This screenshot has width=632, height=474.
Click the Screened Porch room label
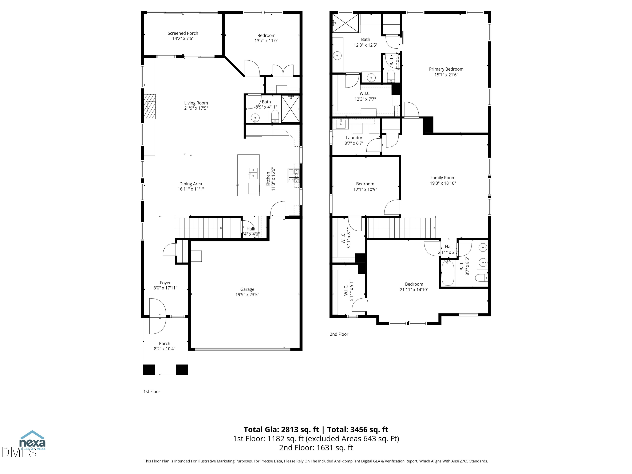coord(183,33)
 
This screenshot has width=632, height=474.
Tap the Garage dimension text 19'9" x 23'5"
coord(247,295)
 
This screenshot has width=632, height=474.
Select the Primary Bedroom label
coord(446,69)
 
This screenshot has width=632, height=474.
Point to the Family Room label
coord(443,178)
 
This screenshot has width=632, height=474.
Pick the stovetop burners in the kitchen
coord(293,176)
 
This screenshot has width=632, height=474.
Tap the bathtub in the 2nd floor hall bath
coord(447,274)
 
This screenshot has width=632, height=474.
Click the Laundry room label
coord(354,138)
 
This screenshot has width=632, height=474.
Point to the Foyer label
coord(165,283)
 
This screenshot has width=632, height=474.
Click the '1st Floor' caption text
coord(152,391)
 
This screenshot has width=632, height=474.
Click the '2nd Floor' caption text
coord(339,334)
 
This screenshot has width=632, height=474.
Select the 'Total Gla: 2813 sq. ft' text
coord(281,429)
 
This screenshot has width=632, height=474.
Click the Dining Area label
coord(191,184)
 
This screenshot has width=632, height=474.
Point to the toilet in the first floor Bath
coord(275,116)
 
